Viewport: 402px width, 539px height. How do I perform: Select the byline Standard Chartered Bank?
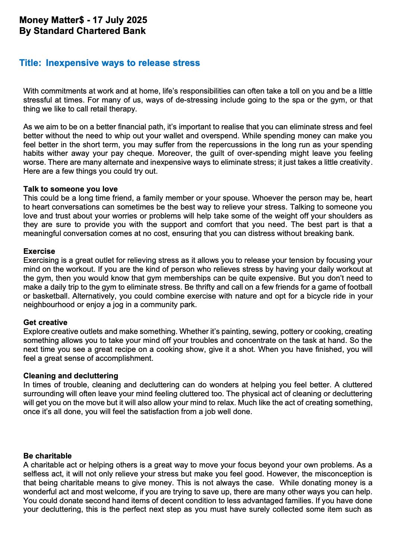[89, 31]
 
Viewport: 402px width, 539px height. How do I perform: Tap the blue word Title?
[30, 63]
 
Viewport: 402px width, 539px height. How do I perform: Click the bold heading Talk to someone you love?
[70, 189]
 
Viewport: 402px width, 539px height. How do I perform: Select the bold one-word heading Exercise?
[39, 251]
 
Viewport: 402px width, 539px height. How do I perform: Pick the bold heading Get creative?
[45, 322]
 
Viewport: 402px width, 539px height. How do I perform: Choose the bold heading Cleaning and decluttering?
[71, 376]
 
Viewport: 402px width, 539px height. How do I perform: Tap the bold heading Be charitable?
[47, 456]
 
